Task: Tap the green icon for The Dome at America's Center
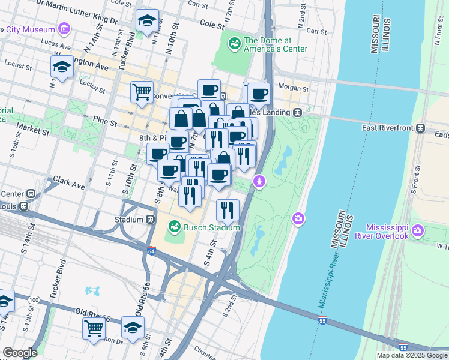pyautogui.click(x=234, y=43)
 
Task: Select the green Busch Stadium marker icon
pyautogui.click(x=173, y=227)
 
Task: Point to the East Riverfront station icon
pyautogui.click(x=421, y=128)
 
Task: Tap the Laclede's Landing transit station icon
pyautogui.click(x=297, y=112)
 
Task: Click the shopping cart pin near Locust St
pyautogui.click(x=142, y=92)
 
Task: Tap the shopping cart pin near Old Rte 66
pyautogui.click(x=94, y=328)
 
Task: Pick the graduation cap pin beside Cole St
pyautogui.click(x=147, y=21)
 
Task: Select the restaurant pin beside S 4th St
pyautogui.click(x=228, y=209)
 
